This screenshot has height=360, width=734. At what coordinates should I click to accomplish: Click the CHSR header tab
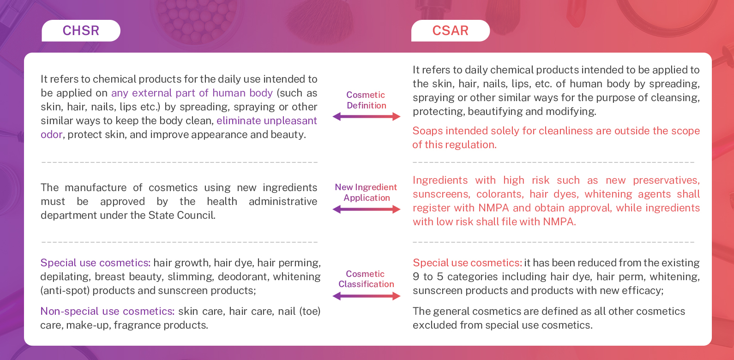[x=81, y=30]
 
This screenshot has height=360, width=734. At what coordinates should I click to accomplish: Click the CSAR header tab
[x=450, y=30]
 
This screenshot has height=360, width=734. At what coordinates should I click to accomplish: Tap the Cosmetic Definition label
[x=366, y=100]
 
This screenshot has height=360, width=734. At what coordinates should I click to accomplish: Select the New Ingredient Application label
[x=366, y=192]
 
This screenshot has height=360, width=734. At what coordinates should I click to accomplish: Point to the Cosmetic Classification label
[x=366, y=279]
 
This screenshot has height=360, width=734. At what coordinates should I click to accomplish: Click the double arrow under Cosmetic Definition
[x=367, y=117]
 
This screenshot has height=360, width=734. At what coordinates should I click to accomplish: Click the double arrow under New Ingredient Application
[x=367, y=210]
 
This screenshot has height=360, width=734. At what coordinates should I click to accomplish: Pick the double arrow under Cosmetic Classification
[x=367, y=296]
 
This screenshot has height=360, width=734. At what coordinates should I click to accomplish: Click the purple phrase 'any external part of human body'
[x=192, y=93]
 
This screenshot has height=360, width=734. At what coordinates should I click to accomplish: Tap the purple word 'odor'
[x=51, y=135]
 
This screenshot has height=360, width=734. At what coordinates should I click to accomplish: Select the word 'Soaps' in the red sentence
[x=427, y=131]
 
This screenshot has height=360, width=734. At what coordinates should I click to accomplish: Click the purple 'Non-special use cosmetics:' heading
[x=107, y=312]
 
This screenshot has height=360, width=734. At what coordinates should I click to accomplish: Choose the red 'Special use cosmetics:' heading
[x=467, y=263]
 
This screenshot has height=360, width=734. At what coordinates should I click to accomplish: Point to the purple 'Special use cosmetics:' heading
[x=95, y=263]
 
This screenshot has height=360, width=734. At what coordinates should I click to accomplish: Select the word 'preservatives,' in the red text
[x=666, y=180]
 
